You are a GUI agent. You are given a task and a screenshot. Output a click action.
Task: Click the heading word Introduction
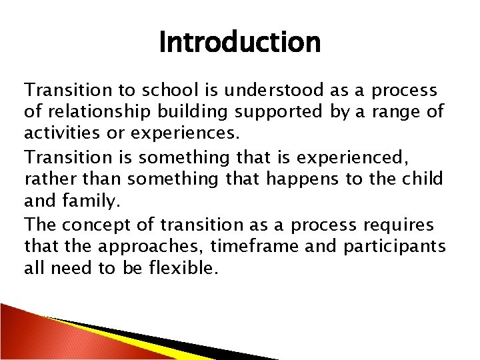240,43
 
